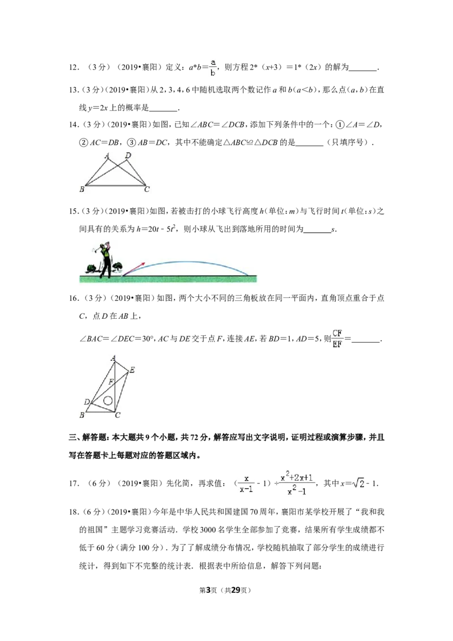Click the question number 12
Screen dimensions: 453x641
click(x=74, y=68)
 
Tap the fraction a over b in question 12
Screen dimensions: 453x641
click(x=213, y=67)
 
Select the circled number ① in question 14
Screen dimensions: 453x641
click(x=340, y=125)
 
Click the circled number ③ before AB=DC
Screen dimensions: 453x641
click(x=131, y=143)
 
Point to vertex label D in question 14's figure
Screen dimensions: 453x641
click(x=128, y=155)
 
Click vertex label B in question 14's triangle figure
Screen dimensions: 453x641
click(x=82, y=189)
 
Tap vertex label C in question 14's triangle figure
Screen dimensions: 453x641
click(x=147, y=189)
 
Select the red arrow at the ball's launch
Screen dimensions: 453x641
click(x=134, y=268)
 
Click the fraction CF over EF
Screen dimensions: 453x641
click(x=337, y=339)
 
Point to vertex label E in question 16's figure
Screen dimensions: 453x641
click(x=131, y=370)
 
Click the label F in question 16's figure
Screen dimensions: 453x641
click(x=111, y=382)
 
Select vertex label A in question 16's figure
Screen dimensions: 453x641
click(x=113, y=358)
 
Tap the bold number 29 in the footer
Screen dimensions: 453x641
click(x=236, y=590)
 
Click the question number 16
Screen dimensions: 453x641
click(x=74, y=298)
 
